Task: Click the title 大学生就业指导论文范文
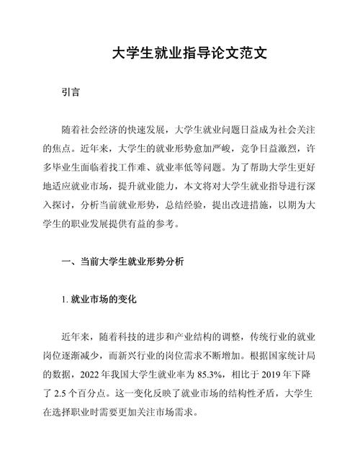pos(180,54)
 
